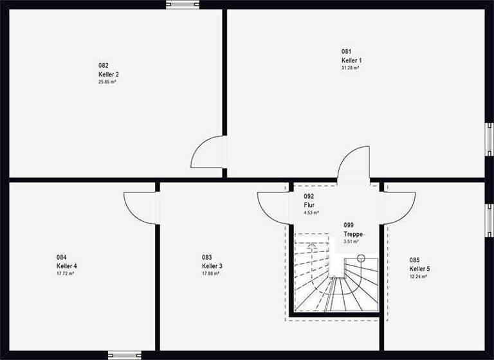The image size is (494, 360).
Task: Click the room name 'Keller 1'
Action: (352, 60)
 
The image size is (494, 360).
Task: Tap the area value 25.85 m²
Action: (108, 82)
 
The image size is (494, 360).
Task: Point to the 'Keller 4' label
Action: (67, 265)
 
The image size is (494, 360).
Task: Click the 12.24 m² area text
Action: (419, 276)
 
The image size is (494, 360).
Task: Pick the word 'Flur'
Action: (309, 204)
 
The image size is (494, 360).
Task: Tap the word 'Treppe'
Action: (353, 234)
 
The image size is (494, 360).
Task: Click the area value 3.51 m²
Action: (351, 242)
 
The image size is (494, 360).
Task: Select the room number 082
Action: (104, 65)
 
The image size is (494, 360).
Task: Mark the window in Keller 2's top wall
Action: (183, 4)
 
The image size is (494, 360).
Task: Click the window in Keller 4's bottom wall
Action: (124, 355)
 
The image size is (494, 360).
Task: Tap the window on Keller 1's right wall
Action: (489, 138)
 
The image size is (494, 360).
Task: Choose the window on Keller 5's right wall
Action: (489, 219)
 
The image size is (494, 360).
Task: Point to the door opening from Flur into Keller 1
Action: (354, 164)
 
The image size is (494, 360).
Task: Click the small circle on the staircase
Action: (361, 258)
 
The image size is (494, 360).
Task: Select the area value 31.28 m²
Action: (351, 67)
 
